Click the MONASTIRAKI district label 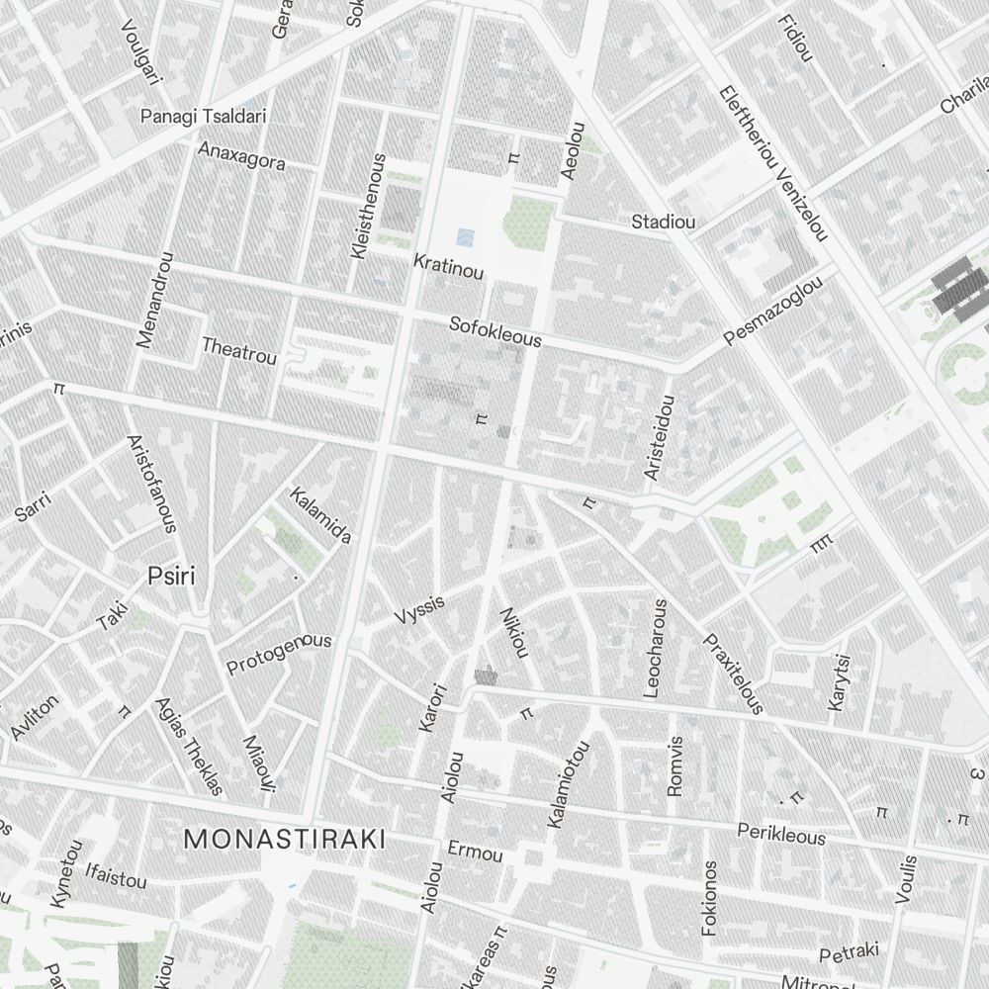284,840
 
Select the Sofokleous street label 495,331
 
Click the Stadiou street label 663,222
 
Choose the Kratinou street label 448,266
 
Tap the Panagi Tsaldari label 203,116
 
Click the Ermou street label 475,852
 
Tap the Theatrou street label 239,349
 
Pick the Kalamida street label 320,515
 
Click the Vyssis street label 419,610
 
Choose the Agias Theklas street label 189,747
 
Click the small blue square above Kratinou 466,237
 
